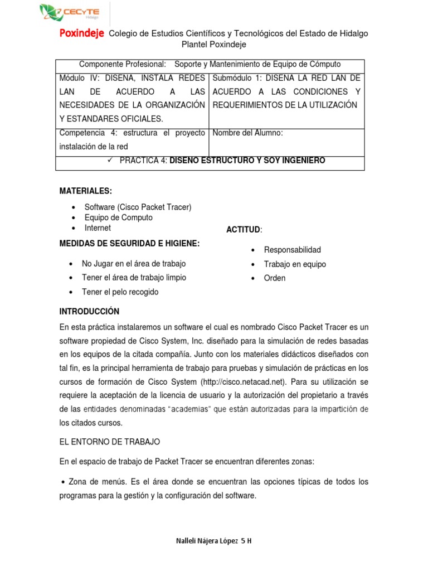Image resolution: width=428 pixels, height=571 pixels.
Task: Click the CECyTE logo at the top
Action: point(72,12)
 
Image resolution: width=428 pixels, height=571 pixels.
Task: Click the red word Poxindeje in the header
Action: point(82,33)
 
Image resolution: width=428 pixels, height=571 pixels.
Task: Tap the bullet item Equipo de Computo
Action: point(118,217)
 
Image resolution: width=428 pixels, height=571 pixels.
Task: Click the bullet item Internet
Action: point(98,228)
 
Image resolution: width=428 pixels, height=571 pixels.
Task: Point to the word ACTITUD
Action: point(243,230)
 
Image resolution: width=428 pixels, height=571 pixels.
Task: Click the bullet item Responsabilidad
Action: point(293,250)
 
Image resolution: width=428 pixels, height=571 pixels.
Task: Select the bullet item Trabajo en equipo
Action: point(295,264)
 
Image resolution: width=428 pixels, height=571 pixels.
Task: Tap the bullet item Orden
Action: point(275,278)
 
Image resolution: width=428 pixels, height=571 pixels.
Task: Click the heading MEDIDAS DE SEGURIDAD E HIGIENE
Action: point(129,243)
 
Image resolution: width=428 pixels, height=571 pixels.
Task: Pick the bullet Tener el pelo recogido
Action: point(120,292)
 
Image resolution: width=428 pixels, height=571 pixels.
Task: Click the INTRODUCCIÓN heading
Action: point(89,311)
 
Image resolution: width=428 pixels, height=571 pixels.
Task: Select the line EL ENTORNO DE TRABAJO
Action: point(110,442)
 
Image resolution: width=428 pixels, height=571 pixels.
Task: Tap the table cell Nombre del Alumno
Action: point(248,133)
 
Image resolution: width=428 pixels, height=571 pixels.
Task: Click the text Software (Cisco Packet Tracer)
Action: point(138,207)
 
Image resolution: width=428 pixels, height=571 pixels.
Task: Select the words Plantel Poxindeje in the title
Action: point(214,45)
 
